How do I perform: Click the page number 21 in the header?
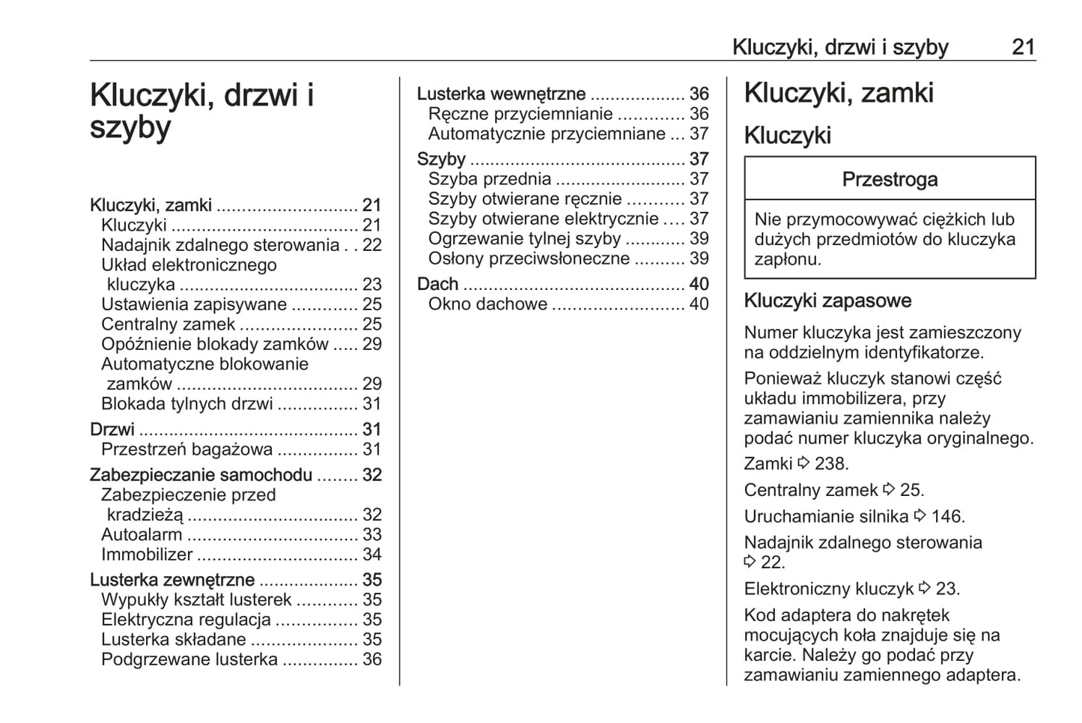[x=1023, y=47]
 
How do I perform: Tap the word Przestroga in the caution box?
[x=890, y=180]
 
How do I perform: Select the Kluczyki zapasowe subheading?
[x=827, y=301]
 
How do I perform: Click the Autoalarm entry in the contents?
[x=142, y=535]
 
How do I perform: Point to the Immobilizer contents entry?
[x=147, y=555]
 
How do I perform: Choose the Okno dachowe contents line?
[x=487, y=304]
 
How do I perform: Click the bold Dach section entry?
[x=437, y=284]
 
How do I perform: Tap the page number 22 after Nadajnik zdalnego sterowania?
[x=372, y=245]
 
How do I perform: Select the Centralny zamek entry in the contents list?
[x=168, y=324]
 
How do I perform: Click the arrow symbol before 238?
[x=803, y=463]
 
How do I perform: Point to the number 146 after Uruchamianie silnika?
[x=949, y=516]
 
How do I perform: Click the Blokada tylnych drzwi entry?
[x=187, y=404]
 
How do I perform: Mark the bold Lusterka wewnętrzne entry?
[x=501, y=94]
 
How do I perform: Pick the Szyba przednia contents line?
[x=490, y=179]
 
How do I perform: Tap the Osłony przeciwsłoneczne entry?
[x=529, y=258]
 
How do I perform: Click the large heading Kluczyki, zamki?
[x=839, y=94]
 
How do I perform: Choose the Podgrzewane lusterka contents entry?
[x=189, y=659]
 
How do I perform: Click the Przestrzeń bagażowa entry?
[x=187, y=450]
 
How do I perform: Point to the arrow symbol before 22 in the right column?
[x=750, y=562]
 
